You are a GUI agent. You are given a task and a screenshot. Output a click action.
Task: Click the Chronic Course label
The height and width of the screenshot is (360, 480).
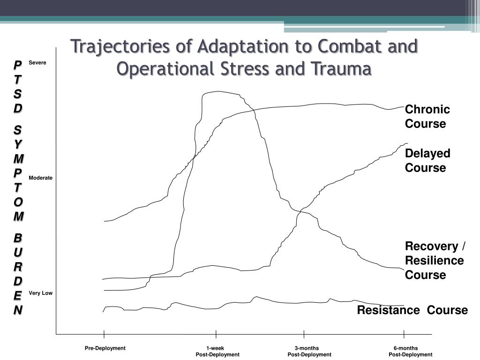click(427, 117)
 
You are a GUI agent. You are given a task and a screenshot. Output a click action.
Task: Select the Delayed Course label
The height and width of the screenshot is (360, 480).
click(427, 160)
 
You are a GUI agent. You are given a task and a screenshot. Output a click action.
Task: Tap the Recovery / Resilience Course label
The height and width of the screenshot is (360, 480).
click(435, 260)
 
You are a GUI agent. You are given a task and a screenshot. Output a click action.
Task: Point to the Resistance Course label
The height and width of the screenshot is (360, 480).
click(412, 310)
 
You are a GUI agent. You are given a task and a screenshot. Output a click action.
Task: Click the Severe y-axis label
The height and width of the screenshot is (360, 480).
click(37, 63)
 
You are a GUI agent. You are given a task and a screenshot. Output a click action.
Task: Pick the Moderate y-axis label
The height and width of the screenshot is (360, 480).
click(40, 178)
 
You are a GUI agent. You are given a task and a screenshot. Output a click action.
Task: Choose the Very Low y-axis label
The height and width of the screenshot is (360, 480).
click(40, 293)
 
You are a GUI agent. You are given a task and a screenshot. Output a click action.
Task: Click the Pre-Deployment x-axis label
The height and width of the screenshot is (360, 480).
click(105, 348)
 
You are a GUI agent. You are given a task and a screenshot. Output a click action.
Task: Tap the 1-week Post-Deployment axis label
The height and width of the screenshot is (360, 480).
click(217, 352)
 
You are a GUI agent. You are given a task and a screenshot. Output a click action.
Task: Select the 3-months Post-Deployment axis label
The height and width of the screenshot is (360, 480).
click(309, 352)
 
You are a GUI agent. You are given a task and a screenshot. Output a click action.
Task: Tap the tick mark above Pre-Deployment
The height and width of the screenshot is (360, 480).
click(104, 334)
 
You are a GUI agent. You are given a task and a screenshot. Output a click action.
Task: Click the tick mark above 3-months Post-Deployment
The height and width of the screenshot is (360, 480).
click(304, 334)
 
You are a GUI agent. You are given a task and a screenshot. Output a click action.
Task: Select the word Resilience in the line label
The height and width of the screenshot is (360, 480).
click(435, 261)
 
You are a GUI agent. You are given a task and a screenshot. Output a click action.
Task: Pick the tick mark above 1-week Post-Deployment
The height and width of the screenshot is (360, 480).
click(216, 334)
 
